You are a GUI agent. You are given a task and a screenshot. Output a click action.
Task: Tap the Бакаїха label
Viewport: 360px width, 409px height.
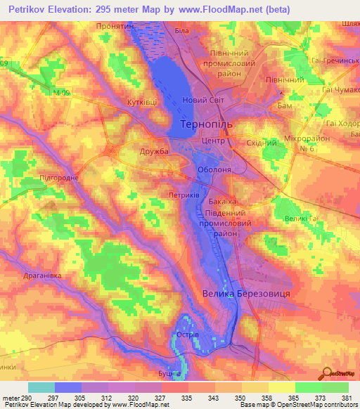[221, 202]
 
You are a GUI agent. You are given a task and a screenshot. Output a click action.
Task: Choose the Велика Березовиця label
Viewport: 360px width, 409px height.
[246, 294]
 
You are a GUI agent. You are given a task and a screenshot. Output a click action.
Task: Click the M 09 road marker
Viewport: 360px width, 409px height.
[60, 92]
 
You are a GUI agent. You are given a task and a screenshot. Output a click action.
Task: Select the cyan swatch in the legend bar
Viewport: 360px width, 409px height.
[41, 387]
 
